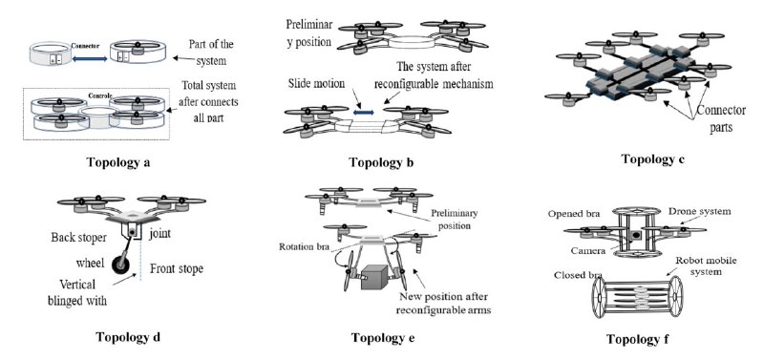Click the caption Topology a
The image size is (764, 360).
[117, 161]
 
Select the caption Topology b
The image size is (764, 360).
[381, 162]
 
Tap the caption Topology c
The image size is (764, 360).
[653, 159]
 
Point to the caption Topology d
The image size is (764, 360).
[128, 337]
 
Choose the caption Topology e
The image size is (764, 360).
[383, 337]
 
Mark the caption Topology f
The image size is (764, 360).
[637, 339]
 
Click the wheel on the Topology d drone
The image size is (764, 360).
[121, 265]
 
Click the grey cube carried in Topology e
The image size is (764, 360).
[373, 277]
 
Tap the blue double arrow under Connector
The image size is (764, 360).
[90, 59]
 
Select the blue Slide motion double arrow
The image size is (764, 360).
[363, 113]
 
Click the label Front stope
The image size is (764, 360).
[177, 269]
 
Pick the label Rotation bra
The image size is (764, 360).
[303, 246]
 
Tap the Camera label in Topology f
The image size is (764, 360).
[589, 251]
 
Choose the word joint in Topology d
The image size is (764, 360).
[159, 233]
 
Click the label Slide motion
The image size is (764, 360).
[316, 84]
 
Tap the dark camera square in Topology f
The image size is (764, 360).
[636, 236]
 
